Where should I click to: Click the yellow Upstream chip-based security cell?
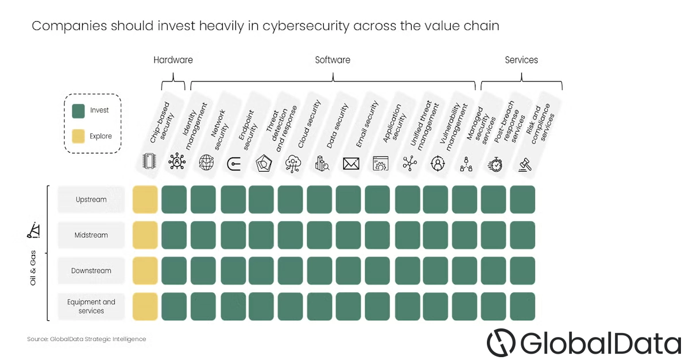pos(145,199)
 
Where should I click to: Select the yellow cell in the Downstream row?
pos(145,270)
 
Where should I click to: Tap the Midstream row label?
pos(91,235)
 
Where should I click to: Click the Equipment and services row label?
pos(91,306)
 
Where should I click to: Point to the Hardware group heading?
pos(173,60)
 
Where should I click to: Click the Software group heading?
pos(332,60)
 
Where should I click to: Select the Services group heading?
pos(521,60)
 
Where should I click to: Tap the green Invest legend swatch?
pos(79,111)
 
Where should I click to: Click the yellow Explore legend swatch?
pos(79,136)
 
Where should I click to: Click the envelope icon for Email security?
pos(351,164)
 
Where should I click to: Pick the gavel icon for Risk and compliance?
pos(525,165)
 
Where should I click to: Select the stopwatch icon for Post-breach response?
pos(495,164)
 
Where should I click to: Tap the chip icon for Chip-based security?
pos(149,161)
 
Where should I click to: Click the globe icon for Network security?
pos(206,162)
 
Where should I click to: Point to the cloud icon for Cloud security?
pos(293,164)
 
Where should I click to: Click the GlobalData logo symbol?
pos(501,342)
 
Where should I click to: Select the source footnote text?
pos(87,339)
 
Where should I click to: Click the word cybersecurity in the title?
pos(305,26)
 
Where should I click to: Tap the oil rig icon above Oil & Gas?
pos(33,230)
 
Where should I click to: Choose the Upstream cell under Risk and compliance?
pos(522,199)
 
